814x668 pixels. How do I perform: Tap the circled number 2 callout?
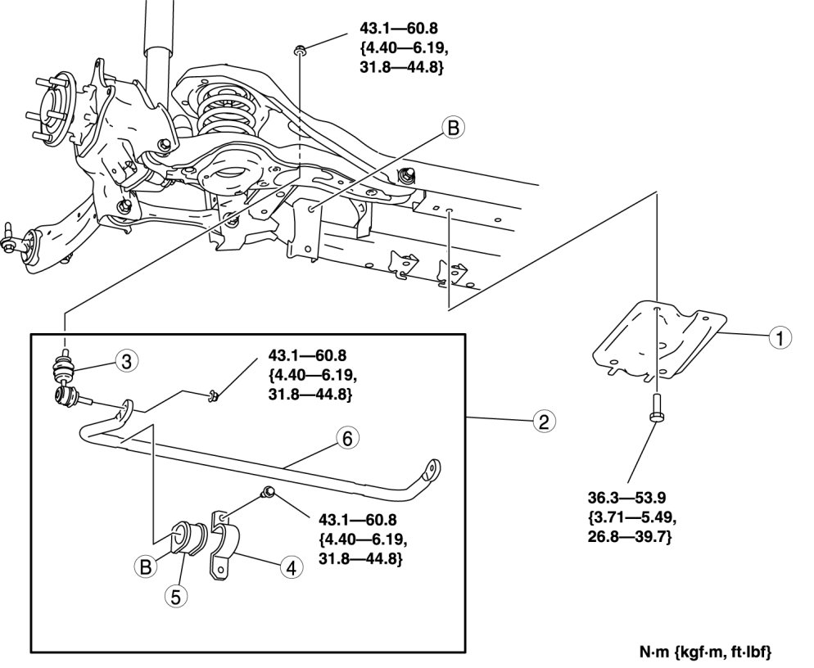pos(540,422)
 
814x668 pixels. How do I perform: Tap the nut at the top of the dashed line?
pos(301,52)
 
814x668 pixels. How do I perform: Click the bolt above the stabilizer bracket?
pos(268,491)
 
